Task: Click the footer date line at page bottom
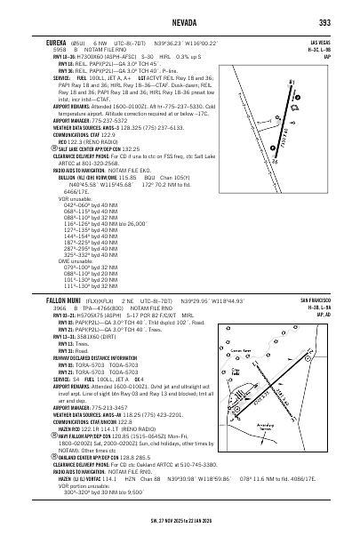tap(180, 536)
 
